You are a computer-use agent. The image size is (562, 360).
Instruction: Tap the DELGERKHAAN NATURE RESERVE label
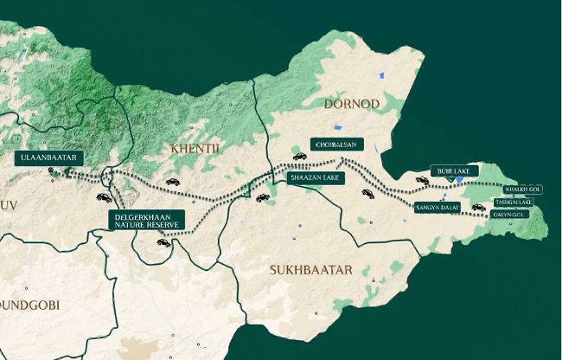point(145,220)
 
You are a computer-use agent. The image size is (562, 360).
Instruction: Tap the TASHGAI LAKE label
point(513,202)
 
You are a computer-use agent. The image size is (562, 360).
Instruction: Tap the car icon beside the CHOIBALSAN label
point(300,157)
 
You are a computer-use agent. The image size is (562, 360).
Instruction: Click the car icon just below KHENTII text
point(172,183)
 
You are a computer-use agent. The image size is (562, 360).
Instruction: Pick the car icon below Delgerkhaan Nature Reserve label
point(163,242)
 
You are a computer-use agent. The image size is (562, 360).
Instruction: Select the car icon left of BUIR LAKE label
point(422,180)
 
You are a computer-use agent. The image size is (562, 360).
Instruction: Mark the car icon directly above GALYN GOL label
point(477,207)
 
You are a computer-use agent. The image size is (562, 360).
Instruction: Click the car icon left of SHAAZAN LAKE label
point(263,197)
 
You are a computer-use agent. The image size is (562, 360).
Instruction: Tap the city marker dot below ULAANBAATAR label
point(53,172)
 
